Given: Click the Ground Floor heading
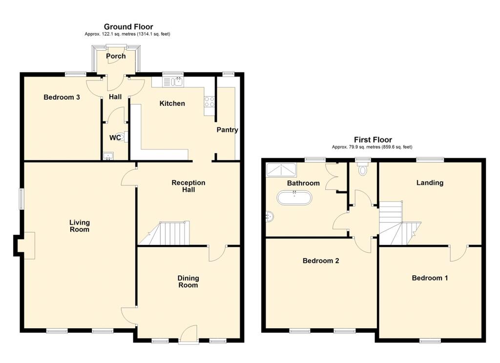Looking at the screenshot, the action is (128, 27).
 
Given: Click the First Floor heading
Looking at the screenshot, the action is (373, 140).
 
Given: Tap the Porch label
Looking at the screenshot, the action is (116, 56).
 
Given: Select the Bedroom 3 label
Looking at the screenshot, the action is (62, 97).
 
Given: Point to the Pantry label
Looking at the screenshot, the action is (227, 130).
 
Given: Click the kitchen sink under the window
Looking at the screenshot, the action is (173, 82).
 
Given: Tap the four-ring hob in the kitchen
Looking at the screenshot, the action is (209, 101).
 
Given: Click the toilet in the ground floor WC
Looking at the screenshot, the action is (122, 137).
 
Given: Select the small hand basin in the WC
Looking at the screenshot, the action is (108, 156).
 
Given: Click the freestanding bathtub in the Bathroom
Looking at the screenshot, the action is (293, 198).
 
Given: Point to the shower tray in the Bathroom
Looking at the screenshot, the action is (281, 170).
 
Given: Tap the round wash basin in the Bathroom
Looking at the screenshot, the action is (270, 217).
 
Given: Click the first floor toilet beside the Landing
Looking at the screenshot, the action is (363, 169).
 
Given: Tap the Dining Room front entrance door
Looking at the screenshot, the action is (189, 334).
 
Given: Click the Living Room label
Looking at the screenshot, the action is (80, 225).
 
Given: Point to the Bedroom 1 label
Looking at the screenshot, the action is (430, 278).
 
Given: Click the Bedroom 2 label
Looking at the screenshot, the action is (321, 261).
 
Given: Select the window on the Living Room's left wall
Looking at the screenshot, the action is (21, 199).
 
